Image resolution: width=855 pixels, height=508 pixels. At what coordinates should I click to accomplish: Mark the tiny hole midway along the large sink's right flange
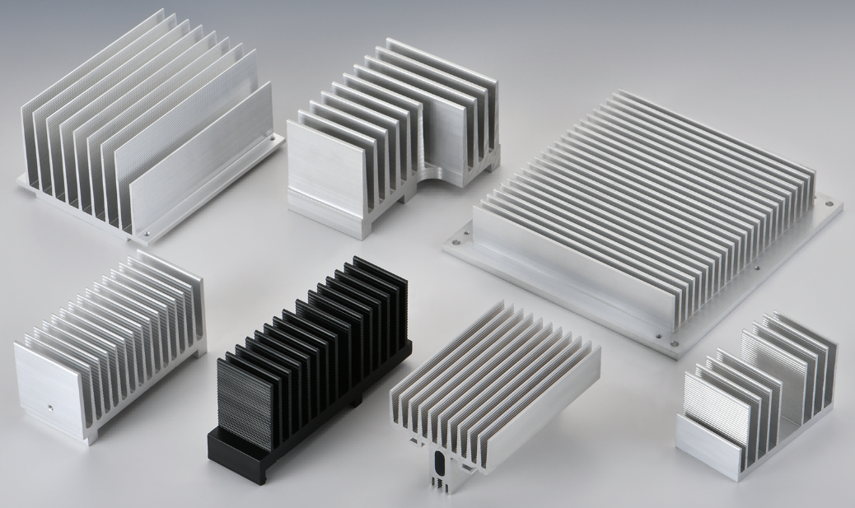coord(756,267)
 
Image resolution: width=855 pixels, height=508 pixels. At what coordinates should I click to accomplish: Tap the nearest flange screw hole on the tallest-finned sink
coord(146,235)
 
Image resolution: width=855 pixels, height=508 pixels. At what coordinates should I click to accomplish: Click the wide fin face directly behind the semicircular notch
coord(449,136)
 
